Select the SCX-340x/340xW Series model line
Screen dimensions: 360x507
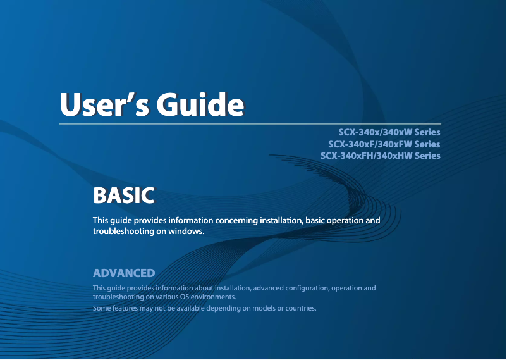coord(389,133)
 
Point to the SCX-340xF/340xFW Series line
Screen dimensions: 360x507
coord(384,144)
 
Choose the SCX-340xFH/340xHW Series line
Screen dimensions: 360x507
coord(380,156)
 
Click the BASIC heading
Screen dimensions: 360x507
coord(123,196)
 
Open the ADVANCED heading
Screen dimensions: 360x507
coord(124,273)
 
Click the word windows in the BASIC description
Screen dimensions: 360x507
coord(187,232)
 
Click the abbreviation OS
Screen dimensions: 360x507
coord(184,297)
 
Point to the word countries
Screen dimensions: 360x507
coord(298,308)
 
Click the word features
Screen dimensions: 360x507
coord(123,308)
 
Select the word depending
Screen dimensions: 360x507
coord(224,308)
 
